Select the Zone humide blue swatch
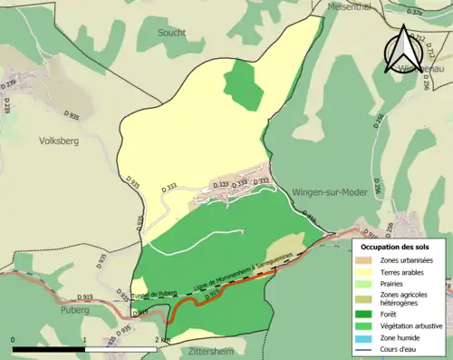(368, 341)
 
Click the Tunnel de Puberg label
(151, 293)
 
